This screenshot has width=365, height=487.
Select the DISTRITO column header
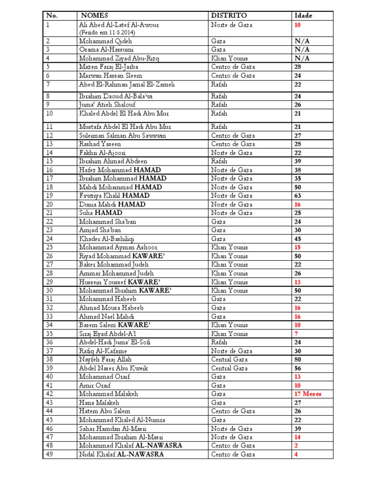tap(229, 16)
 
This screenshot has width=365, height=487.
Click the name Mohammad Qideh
tap(98, 41)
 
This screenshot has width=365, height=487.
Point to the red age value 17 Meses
tap(308, 394)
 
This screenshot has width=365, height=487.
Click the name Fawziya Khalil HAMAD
tap(114, 195)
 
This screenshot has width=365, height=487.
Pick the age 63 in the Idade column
tap(298, 195)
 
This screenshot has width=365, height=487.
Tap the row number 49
tap(50, 454)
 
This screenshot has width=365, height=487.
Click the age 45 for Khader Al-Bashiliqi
tap(298, 239)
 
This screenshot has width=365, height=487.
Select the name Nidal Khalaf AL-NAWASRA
tap(121, 454)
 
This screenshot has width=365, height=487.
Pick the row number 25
tap(50, 247)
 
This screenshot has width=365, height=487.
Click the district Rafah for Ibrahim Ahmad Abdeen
tap(219, 161)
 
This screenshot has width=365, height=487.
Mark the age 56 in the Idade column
tap(298, 369)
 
